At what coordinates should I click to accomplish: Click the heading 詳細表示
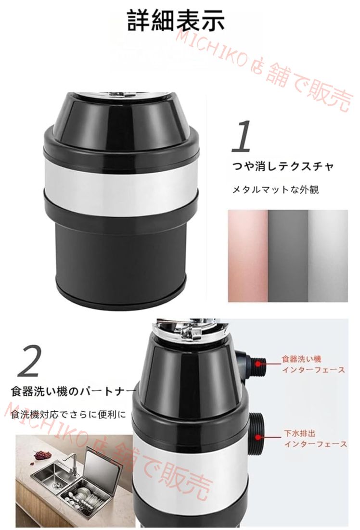[x=176, y=20]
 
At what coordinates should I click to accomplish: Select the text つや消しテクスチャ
[x=283, y=166]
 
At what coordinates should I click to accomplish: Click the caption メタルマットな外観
[x=276, y=189]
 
